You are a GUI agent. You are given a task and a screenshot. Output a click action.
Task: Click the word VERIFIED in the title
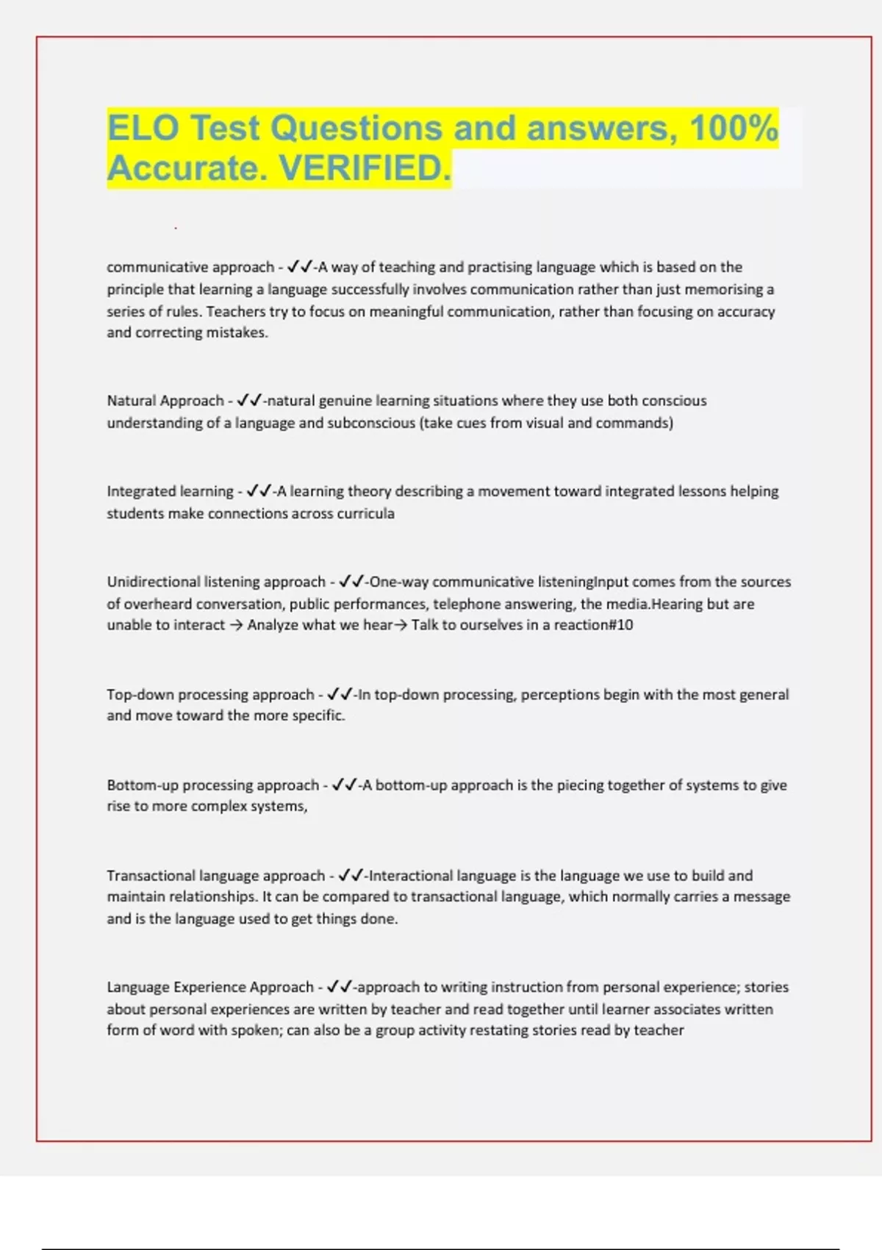coord(365,168)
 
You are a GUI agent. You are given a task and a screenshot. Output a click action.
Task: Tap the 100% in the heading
coord(734,128)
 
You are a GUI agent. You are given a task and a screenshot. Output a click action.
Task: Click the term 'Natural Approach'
coord(165,401)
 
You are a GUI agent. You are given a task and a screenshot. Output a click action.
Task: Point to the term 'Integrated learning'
coord(170,491)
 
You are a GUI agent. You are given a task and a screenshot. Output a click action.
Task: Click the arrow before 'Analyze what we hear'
coord(236,625)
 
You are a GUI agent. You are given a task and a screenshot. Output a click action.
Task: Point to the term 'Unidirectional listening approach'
coord(216,582)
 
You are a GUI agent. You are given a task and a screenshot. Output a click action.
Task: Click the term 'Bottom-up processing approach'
coord(213,785)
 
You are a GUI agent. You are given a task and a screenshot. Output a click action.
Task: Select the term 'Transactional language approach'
coord(216,876)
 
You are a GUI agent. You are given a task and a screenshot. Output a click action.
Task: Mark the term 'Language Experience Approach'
coord(210,987)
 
